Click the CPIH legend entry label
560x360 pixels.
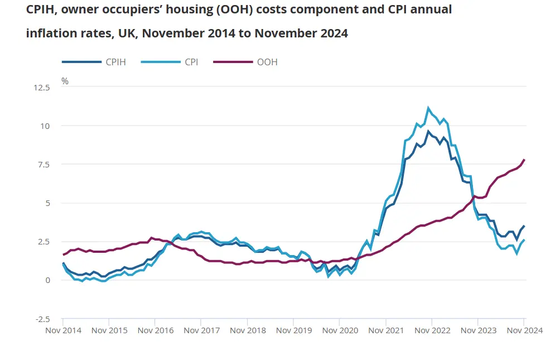[x=115, y=62]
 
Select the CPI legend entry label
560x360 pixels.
[x=191, y=62]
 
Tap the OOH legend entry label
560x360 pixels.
[x=267, y=62]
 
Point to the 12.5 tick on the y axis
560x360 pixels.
[x=42, y=88]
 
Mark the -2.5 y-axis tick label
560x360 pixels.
[x=42, y=319]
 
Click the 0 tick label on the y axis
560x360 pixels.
[x=48, y=280]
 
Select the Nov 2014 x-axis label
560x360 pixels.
[x=63, y=330]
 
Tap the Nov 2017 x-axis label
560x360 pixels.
[x=201, y=330]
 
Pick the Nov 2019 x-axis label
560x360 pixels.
[x=294, y=330]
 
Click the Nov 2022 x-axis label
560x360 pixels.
[x=432, y=330]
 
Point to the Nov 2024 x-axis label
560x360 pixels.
[x=524, y=330]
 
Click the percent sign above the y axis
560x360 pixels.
[x=65, y=81]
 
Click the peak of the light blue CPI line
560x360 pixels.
[x=428, y=108]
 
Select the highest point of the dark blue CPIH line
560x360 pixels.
[x=428, y=131]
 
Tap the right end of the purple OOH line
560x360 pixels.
[x=524, y=160]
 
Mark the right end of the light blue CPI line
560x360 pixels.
[x=524, y=240]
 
